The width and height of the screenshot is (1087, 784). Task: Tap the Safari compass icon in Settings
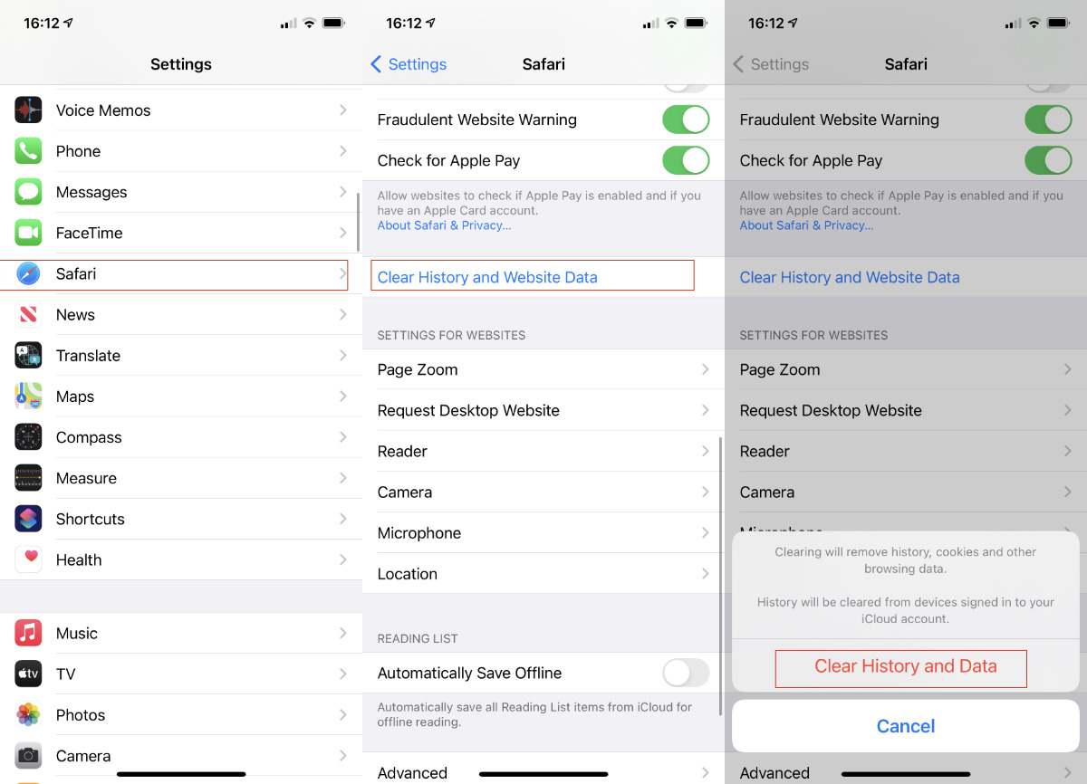coord(28,273)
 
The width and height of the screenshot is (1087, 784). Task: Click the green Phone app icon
coord(28,151)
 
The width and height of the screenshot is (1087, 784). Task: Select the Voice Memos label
coord(103,110)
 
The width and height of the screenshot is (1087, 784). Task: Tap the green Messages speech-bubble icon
coord(28,192)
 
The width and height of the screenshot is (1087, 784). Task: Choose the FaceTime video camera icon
coord(28,233)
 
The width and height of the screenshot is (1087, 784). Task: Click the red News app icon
coord(28,315)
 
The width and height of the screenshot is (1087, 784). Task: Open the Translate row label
coord(88,356)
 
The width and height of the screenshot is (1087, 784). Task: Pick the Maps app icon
coord(28,397)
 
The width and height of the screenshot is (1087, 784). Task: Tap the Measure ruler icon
coord(28,478)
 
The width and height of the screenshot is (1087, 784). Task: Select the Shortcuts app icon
coord(28,519)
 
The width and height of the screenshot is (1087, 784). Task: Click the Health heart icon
coord(28,559)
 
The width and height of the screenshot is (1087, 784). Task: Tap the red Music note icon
coord(28,633)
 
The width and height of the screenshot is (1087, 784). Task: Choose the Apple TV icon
coord(28,674)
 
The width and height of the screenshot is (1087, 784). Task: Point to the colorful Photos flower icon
coord(28,714)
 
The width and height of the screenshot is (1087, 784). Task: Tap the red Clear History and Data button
coord(905,666)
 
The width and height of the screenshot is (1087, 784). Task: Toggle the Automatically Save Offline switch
coord(686,673)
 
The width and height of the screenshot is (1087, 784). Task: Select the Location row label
coord(407,574)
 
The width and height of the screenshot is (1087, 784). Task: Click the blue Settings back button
coord(409,64)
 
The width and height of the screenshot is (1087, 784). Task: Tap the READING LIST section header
coord(417,638)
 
